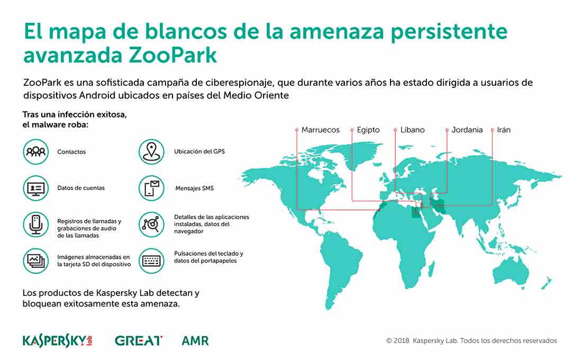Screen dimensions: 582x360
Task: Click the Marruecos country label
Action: click(x=320, y=130)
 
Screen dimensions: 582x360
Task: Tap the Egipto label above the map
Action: click(x=368, y=130)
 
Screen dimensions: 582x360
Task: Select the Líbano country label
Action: click(x=412, y=130)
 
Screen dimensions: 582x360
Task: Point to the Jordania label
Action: click(x=467, y=130)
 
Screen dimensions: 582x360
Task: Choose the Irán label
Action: click(x=504, y=130)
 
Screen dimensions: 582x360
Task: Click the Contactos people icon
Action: click(x=35, y=151)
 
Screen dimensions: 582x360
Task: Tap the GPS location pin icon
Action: click(x=151, y=151)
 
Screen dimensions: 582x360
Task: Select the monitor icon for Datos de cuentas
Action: click(x=35, y=188)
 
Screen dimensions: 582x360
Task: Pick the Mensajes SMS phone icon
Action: click(x=151, y=188)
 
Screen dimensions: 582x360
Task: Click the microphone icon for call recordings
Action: click(x=35, y=224)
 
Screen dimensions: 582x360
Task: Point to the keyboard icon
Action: click(x=151, y=261)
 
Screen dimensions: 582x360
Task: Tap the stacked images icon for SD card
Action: click(x=35, y=261)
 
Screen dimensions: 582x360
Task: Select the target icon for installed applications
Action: click(x=151, y=224)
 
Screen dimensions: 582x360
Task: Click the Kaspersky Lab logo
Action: click(x=58, y=341)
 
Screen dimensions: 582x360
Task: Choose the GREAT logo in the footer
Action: click(x=139, y=341)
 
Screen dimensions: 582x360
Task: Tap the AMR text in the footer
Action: click(x=195, y=341)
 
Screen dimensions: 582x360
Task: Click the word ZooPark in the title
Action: click(x=172, y=56)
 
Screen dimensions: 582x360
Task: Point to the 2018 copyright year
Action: click(x=402, y=341)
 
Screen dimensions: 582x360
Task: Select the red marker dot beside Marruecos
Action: click(x=297, y=130)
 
